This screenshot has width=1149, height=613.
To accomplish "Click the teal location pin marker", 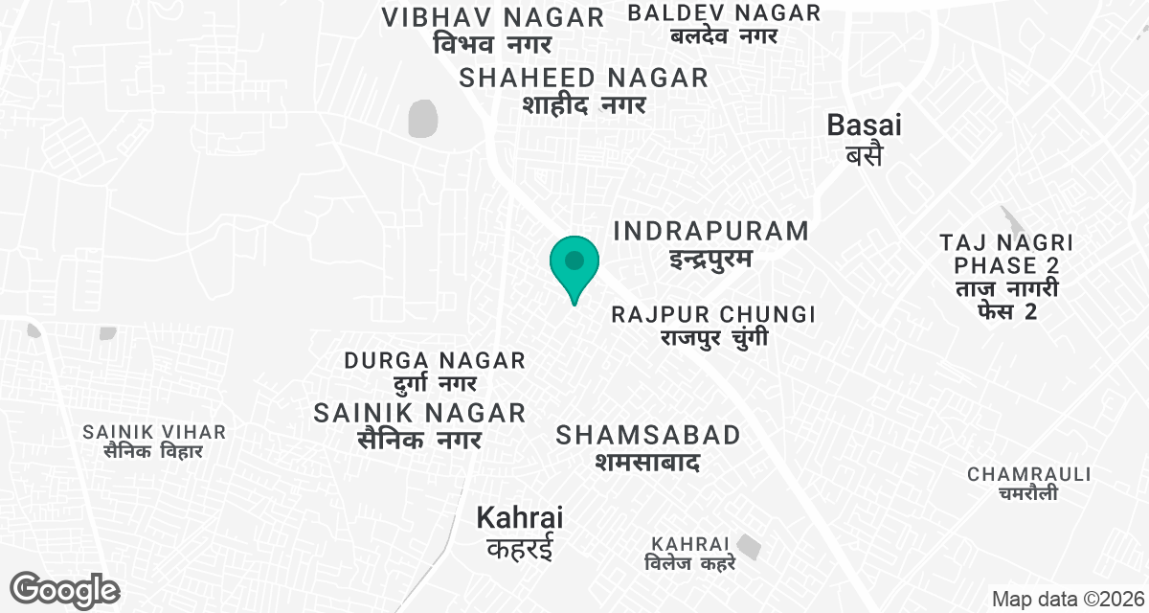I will point(574,263).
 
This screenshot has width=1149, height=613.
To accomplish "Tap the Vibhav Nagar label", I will point(492,30).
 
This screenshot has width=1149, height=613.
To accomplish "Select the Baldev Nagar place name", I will point(724,24).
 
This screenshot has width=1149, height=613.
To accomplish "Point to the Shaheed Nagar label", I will point(583,91).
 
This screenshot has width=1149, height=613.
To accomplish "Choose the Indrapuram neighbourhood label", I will point(710,244).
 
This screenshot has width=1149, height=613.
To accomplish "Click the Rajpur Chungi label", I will point(712,326).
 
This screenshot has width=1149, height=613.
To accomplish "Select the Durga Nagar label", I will point(435,372).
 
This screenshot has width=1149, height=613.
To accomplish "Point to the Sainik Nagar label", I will point(419,425).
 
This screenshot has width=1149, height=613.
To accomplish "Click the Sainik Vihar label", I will point(154,442).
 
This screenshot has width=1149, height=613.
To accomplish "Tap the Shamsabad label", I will point(648,448).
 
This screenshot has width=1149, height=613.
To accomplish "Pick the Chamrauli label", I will point(1028,484).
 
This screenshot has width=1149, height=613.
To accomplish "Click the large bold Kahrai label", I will point(519,533).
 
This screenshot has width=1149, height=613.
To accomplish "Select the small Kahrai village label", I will point(689,553).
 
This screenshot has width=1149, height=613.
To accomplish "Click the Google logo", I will point(65,589).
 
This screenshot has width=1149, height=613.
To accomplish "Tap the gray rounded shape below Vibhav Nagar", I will point(422,119).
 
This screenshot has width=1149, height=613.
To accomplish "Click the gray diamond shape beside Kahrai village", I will point(750,548).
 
